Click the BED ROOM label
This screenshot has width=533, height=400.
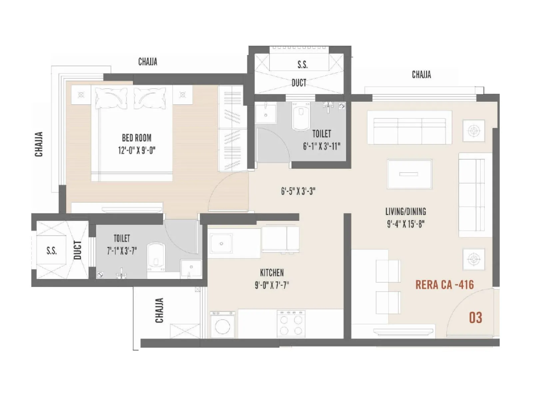pyautogui.click(x=137, y=138)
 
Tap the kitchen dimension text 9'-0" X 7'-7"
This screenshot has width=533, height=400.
pyautogui.click(x=272, y=285)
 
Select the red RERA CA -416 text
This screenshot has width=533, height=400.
pyautogui.click(x=444, y=285)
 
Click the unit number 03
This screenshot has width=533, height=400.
pyautogui.click(x=475, y=318)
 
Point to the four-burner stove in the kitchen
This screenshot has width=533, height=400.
pyautogui.click(x=291, y=323)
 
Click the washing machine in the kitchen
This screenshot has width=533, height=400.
pyautogui.click(x=223, y=325)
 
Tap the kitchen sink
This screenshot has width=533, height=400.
pyautogui.click(x=221, y=244)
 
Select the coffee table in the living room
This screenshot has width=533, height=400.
pyautogui.click(x=409, y=174)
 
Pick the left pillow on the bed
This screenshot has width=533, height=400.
pyautogui.click(x=111, y=98)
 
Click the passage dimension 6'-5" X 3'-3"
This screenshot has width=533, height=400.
pyautogui.click(x=298, y=191)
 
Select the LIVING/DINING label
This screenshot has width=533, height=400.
pyautogui.click(x=405, y=211)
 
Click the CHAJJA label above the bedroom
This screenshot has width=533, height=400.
pyautogui.click(x=148, y=62)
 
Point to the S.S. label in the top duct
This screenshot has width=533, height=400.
pyautogui.click(x=302, y=64)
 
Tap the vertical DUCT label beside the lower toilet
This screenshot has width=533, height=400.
pyautogui.click(x=77, y=250)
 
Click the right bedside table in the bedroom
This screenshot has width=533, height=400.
pyautogui.click(x=183, y=95)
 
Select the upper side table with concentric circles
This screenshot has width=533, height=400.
pyautogui.click(x=474, y=130)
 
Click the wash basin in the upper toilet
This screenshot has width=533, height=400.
pyautogui.click(x=266, y=113)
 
